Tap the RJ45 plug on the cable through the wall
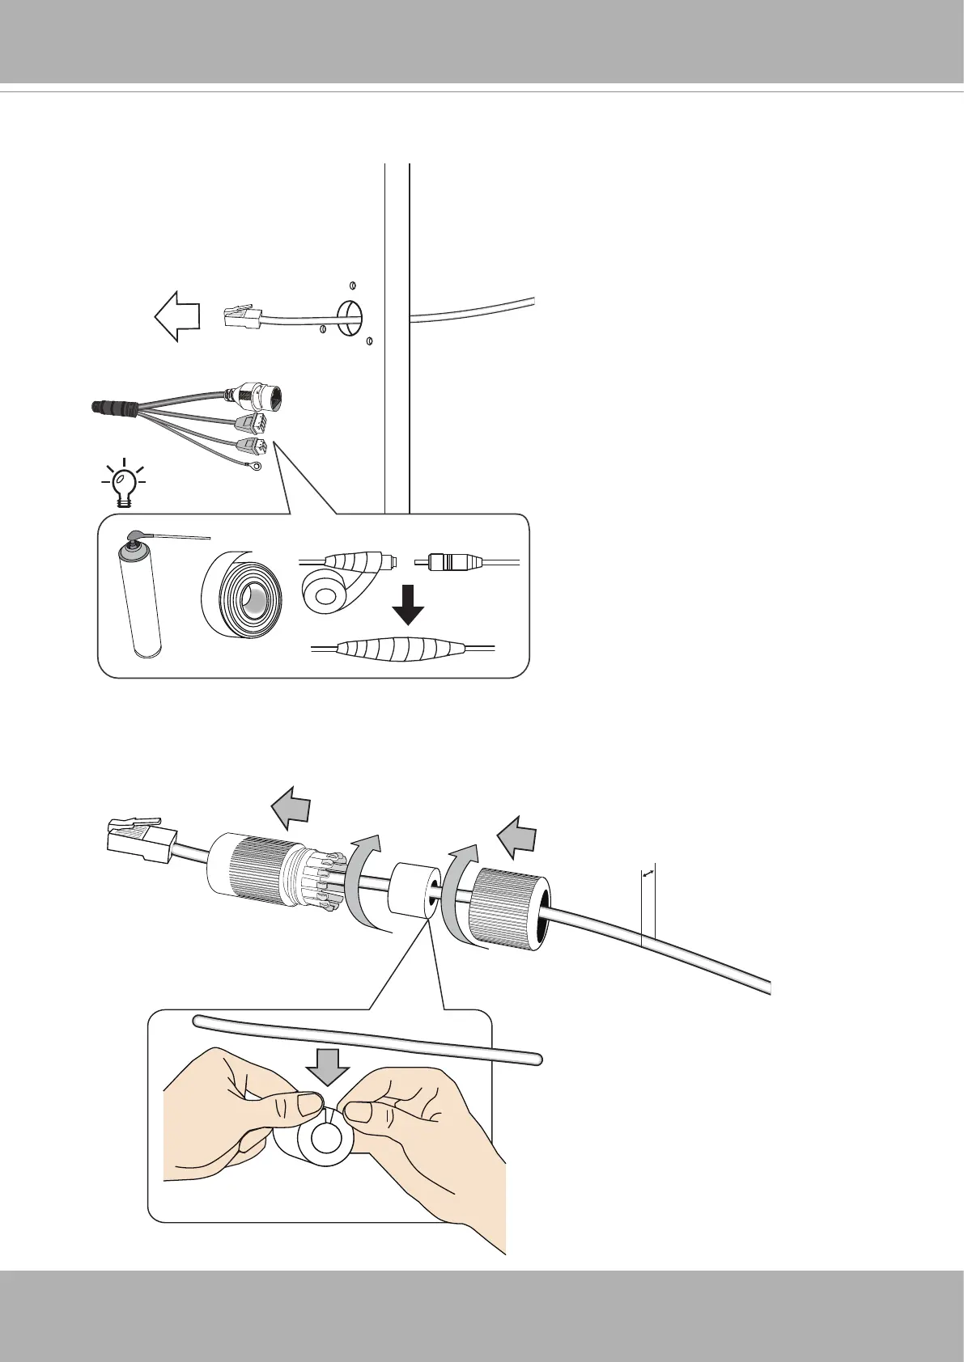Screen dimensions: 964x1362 (x=240, y=315)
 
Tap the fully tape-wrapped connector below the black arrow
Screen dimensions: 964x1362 (x=402, y=649)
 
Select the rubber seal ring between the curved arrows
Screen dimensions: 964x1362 (x=413, y=889)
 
